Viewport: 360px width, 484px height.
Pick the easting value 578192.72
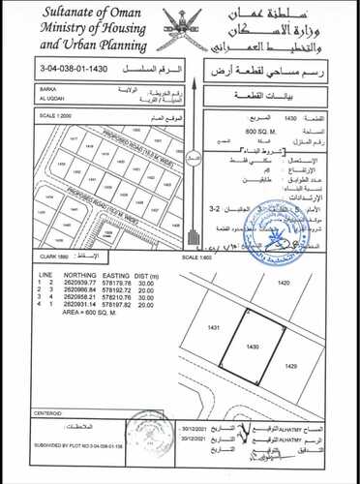tap(115, 289)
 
